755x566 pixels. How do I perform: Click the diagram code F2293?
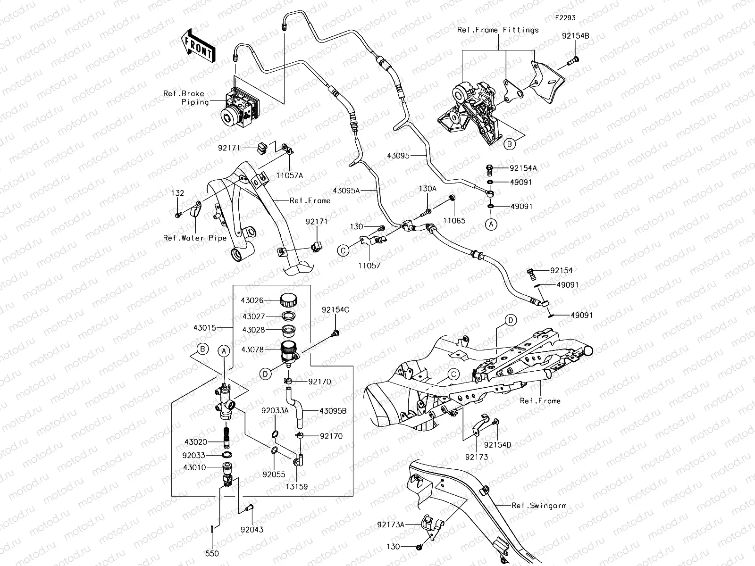(565, 18)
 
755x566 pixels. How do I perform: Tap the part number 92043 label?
(252, 529)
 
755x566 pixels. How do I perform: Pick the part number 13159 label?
(297, 486)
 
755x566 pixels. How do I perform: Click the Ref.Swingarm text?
(539, 506)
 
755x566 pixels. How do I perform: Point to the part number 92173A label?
(391, 524)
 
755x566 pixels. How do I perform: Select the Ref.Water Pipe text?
(195, 238)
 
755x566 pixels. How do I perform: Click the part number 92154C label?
(336, 310)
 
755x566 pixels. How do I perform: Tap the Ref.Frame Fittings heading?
(498, 30)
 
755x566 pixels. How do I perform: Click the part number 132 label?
(177, 193)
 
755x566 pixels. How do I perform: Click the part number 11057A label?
(290, 175)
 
